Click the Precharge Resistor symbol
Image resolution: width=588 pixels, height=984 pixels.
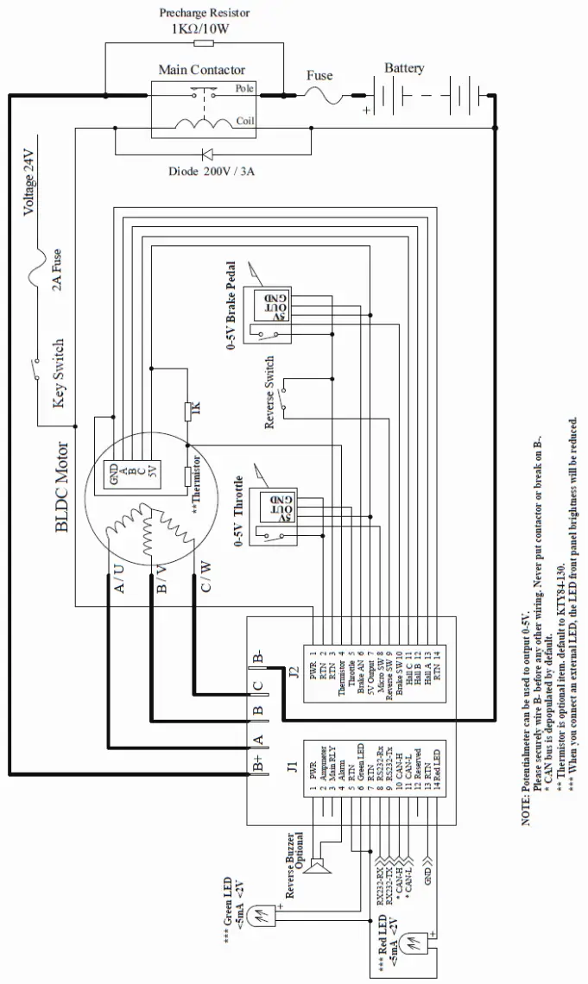pos(204,42)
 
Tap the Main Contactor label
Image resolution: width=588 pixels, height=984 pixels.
pos(201,70)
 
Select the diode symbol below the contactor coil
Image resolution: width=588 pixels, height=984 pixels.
pos(207,155)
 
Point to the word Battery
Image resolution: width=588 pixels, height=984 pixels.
pos(404,68)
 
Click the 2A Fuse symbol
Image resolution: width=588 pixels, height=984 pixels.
pos(35,274)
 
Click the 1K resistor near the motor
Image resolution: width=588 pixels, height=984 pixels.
pos(187,411)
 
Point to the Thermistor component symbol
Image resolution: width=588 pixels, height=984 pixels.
pos(187,476)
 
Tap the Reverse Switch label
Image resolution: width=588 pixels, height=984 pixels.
pos(269,393)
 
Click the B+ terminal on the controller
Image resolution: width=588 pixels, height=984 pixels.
pos(257,765)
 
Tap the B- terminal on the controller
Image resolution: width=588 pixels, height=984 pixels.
pos(257,659)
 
